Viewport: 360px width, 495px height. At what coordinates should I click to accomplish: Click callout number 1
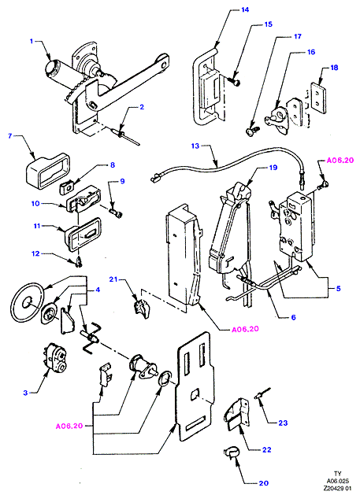coord(32,42)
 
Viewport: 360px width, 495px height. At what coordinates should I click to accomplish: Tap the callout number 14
coord(245,9)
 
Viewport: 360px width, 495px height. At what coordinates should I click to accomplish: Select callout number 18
coord(334,68)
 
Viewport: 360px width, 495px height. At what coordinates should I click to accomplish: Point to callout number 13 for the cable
coord(195,146)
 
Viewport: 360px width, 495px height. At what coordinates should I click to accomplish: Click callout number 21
coord(113,279)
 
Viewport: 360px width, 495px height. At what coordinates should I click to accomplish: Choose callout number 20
coord(264,483)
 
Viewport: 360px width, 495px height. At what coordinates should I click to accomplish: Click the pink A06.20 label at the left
coord(69,426)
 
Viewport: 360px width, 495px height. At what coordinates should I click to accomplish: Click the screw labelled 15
coord(236,82)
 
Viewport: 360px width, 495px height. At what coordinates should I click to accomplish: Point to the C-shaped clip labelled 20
coord(232,453)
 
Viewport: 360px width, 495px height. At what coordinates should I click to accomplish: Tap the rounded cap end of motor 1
coord(50,68)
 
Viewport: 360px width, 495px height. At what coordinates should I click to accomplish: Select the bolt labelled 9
coord(116,212)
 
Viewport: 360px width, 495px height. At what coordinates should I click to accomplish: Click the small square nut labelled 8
coord(66,189)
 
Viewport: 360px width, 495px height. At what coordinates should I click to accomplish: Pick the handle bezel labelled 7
coord(47,170)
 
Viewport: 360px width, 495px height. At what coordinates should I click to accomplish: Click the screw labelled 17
coord(251,129)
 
